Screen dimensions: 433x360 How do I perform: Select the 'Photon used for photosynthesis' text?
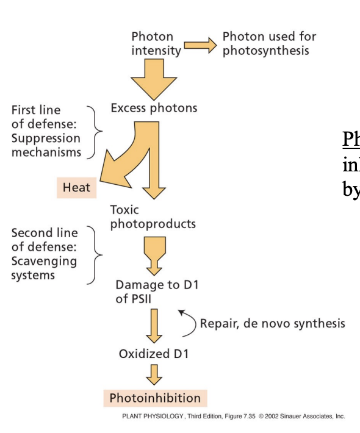pos(269,44)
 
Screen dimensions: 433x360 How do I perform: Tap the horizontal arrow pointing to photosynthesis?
pos(200,45)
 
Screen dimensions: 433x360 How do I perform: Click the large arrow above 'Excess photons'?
pos(154,81)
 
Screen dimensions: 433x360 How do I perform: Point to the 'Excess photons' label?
pos(154,109)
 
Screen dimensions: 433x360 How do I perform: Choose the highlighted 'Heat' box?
pos(76,188)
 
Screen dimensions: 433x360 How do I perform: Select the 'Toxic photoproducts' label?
pos(153,217)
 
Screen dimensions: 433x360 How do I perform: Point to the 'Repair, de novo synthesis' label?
pos(272,323)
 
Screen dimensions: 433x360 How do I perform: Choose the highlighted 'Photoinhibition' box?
pos(154,398)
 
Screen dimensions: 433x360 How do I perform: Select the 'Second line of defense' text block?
pos(45,254)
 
